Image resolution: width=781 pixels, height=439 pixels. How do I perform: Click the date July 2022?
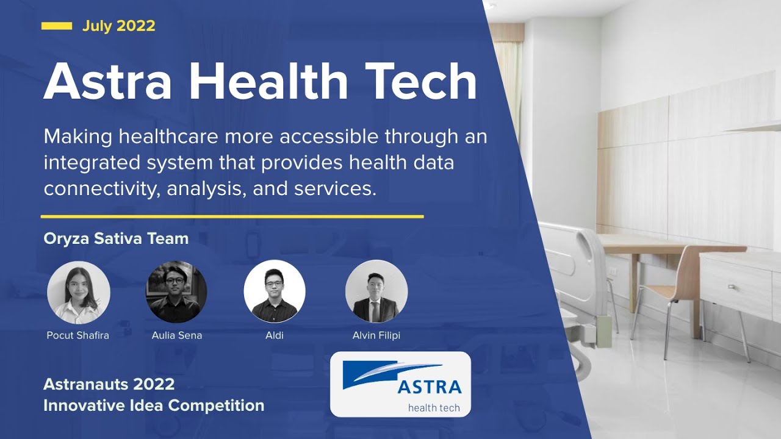click(118, 26)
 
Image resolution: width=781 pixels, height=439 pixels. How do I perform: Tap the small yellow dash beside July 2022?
click(57, 26)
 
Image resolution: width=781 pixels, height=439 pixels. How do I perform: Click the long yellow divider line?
click(232, 216)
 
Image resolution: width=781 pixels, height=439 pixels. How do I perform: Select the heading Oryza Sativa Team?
click(116, 238)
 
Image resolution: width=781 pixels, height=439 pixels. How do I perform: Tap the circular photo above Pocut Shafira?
click(79, 292)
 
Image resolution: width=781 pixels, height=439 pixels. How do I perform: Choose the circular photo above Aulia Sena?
click(176, 292)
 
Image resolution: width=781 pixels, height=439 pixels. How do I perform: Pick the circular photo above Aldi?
click(275, 291)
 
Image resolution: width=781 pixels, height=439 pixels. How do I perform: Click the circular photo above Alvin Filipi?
click(376, 291)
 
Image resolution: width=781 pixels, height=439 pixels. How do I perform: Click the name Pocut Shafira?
click(78, 335)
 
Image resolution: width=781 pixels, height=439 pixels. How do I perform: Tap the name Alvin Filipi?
click(376, 335)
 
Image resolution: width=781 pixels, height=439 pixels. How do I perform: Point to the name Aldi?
click(275, 335)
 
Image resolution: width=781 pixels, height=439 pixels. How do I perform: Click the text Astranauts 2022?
click(109, 384)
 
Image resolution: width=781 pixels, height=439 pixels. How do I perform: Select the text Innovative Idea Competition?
click(154, 405)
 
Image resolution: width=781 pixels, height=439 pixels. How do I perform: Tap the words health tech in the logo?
click(434, 407)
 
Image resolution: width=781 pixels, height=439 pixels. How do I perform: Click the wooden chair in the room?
click(671, 287)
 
